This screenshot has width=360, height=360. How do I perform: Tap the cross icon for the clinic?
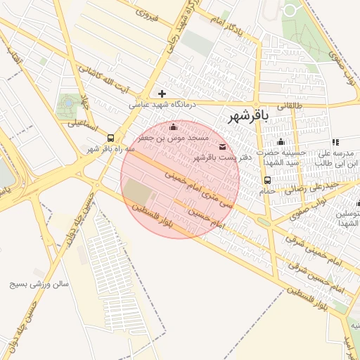coord(162,93)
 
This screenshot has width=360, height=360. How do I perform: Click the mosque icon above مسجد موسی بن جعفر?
coord(174,127)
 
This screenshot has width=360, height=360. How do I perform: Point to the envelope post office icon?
coord(223,146)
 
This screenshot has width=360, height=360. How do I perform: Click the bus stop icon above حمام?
coord(267,180)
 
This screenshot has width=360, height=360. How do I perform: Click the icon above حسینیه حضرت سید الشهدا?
coord(281,142)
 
